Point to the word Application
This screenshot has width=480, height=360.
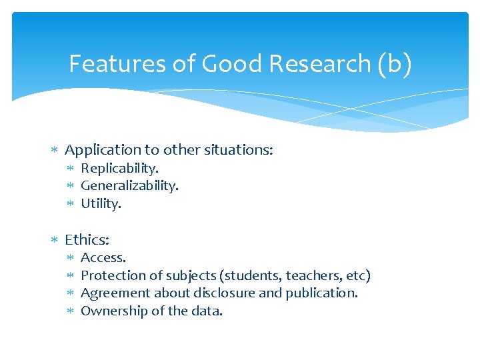pos(103,150)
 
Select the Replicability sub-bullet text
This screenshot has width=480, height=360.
pos(119,169)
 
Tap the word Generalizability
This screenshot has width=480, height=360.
pos(129,186)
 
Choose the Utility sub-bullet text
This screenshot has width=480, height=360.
pos(101,203)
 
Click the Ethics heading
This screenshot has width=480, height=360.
pos(87,239)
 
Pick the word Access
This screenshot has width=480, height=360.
pos(103,257)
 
